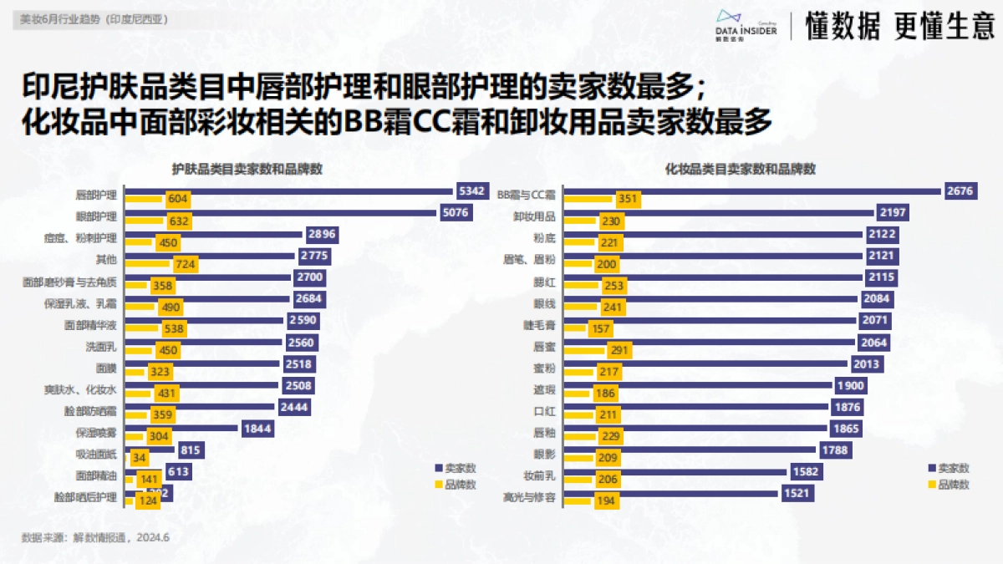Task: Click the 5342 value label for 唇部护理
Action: [471, 191]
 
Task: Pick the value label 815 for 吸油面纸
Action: [191, 450]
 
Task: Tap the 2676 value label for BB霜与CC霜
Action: [960, 191]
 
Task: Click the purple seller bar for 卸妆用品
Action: [718, 212]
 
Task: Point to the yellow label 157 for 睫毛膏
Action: [600, 328]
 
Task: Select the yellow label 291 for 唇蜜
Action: [619, 350]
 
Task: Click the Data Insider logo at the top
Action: [746, 24]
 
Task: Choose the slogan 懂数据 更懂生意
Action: [899, 27]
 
